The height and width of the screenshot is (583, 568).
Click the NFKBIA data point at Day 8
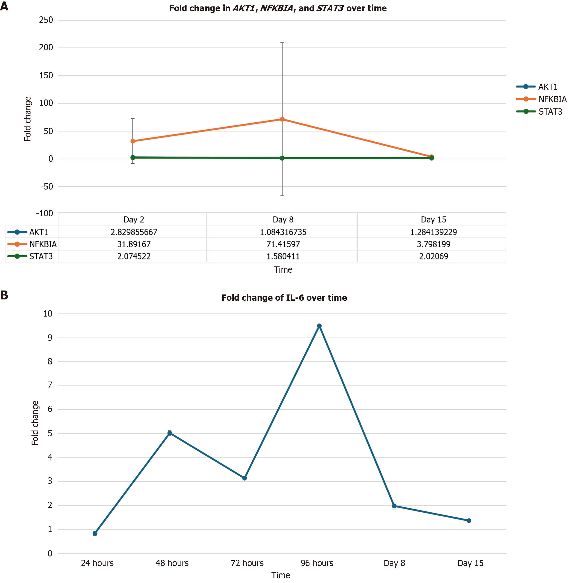(282, 120)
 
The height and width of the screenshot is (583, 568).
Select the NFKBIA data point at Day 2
(133, 141)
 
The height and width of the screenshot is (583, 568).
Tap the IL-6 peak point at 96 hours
(319, 326)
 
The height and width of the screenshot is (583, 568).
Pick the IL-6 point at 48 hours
(170, 433)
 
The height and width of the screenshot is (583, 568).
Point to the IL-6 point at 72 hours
(244, 478)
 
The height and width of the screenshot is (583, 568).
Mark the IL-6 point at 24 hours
(95, 533)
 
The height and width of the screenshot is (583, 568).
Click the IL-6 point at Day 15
(469, 521)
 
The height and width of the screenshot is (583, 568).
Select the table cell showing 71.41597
(283, 244)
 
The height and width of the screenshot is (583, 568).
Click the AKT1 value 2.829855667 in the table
(134, 232)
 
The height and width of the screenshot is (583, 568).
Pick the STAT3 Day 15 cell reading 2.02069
(433, 256)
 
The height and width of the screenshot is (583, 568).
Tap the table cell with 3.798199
(433, 244)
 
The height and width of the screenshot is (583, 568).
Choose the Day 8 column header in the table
(283, 220)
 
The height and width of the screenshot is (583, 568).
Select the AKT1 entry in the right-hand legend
(547, 87)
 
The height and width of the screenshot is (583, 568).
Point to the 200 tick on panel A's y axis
(46, 47)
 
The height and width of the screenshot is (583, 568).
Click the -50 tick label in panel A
(47, 187)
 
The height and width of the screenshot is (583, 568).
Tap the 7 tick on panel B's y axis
(50, 385)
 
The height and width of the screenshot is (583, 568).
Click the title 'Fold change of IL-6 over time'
(284, 298)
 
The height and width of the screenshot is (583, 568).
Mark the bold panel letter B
(4, 295)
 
